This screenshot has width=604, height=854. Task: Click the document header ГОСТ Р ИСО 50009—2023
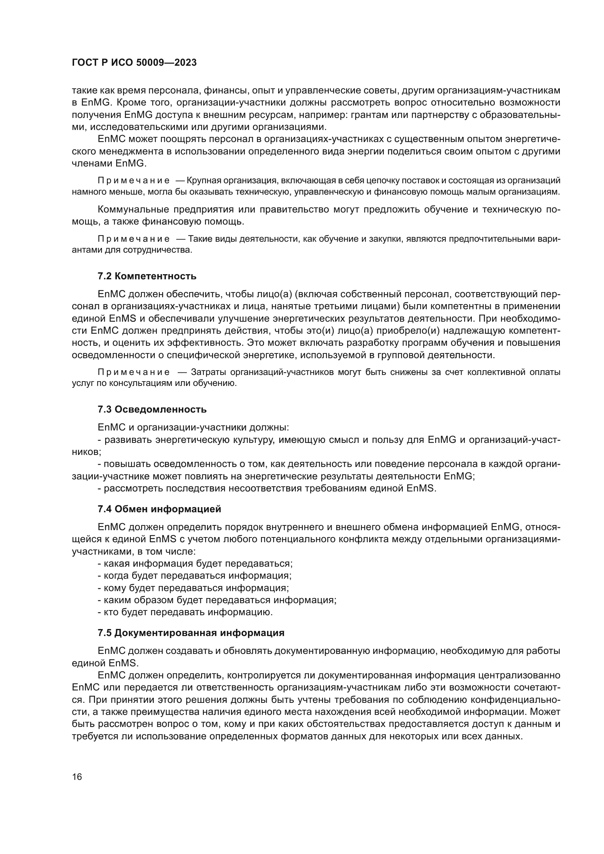click(x=134, y=63)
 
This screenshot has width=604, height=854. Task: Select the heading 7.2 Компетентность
click(x=147, y=276)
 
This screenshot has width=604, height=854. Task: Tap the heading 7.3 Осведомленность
click(x=152, y=410)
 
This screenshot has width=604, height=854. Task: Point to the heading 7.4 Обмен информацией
click(x=159, y=509)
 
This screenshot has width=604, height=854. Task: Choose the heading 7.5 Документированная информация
click(x=191, y=633)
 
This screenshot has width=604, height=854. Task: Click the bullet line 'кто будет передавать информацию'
click(x=185, y=612)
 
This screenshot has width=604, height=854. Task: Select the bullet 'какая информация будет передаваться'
click(x=195, y=563)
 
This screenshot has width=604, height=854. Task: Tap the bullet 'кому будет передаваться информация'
click(x=194, y=588)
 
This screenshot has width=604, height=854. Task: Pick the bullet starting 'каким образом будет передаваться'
click(x=217, y=600)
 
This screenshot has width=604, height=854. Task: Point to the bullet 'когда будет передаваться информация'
click(x=195, y=575)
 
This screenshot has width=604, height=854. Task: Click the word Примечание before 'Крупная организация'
click(x=134, y=181)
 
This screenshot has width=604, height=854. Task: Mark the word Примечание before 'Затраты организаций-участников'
click(x=134, y=372)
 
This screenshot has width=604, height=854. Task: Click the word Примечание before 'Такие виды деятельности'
click(x=134, y=239)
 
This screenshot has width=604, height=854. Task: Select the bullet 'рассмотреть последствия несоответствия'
click(x=267, y=488)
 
